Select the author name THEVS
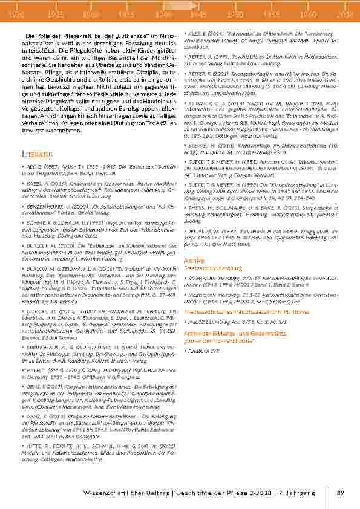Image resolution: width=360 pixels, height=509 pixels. click(197, 207)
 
